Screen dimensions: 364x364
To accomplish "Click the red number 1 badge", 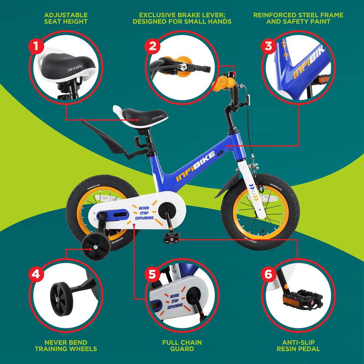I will tap(36, 47).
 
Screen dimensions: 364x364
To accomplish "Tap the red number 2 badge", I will tap(153, 47).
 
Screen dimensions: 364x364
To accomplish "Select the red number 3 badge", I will tap(269, 47).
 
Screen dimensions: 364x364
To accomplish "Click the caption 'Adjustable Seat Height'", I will tap(66, 18).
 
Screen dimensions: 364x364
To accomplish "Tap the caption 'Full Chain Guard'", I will tap(182, 345).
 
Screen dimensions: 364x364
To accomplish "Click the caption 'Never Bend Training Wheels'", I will tap(66, 345).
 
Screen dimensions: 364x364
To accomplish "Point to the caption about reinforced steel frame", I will tap(298, 18).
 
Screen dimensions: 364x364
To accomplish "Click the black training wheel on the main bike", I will tap(92, 250).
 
